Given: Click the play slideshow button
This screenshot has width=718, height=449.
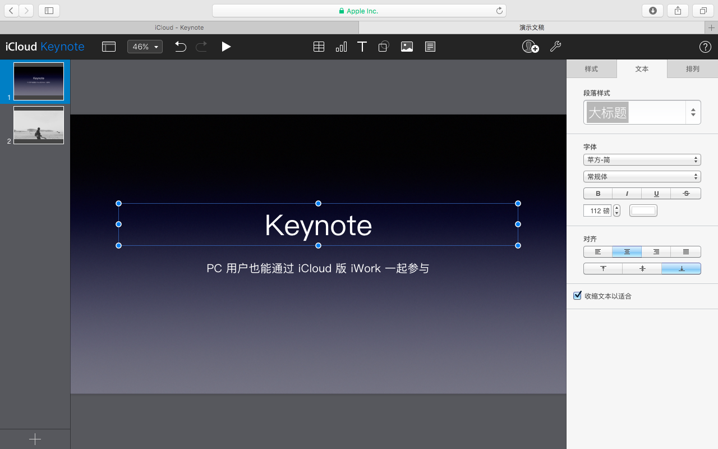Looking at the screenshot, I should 226,47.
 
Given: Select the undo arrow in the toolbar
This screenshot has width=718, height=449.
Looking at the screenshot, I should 180,47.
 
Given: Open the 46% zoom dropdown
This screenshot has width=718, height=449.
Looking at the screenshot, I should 145,47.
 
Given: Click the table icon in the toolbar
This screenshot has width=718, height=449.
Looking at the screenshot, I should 319,47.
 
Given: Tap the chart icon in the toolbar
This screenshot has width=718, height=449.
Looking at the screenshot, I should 341,47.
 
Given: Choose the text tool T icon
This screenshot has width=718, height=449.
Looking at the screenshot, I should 362,47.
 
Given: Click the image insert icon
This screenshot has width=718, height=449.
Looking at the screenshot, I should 407,47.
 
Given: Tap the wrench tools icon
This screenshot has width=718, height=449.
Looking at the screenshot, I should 555,47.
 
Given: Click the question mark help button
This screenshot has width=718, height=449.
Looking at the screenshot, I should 705,47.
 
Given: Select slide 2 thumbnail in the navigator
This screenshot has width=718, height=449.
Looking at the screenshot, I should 39,125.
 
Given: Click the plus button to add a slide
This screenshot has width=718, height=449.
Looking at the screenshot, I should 35,439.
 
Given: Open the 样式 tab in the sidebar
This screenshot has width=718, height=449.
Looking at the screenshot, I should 591,69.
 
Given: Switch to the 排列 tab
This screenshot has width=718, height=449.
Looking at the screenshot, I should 693,69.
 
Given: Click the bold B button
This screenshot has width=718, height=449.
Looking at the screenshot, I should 598,194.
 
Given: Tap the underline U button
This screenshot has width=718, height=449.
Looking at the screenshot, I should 656,194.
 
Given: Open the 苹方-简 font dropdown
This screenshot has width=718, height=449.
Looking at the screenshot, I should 642,160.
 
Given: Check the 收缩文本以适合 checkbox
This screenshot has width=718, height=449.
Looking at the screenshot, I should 577,296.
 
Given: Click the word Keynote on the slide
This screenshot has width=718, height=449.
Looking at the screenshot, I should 318,226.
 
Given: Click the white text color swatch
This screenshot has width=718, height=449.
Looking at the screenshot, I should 643,210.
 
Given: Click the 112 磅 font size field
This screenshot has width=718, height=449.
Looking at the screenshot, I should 598,211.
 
